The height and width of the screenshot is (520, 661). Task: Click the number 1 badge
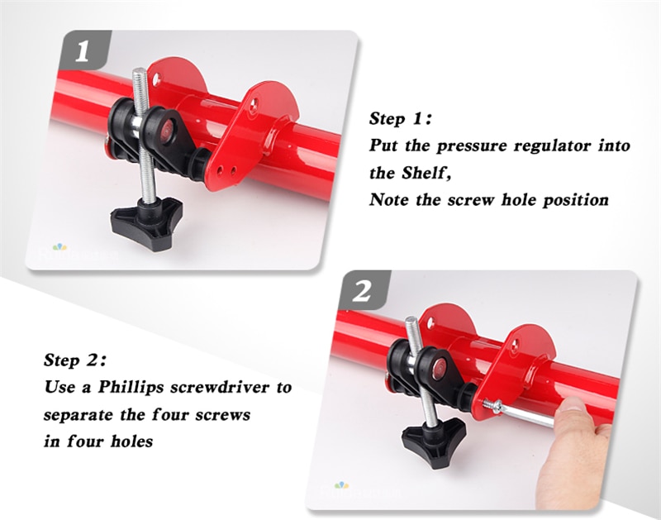click(x=86, y=50)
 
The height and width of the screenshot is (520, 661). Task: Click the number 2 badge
click(x=364, y=290)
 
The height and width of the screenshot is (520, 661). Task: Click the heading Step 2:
click(x=75, y=360)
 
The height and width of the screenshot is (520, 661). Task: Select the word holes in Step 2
click(x=131, y=441)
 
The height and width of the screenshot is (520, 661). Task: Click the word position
click(x=576, y=200)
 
